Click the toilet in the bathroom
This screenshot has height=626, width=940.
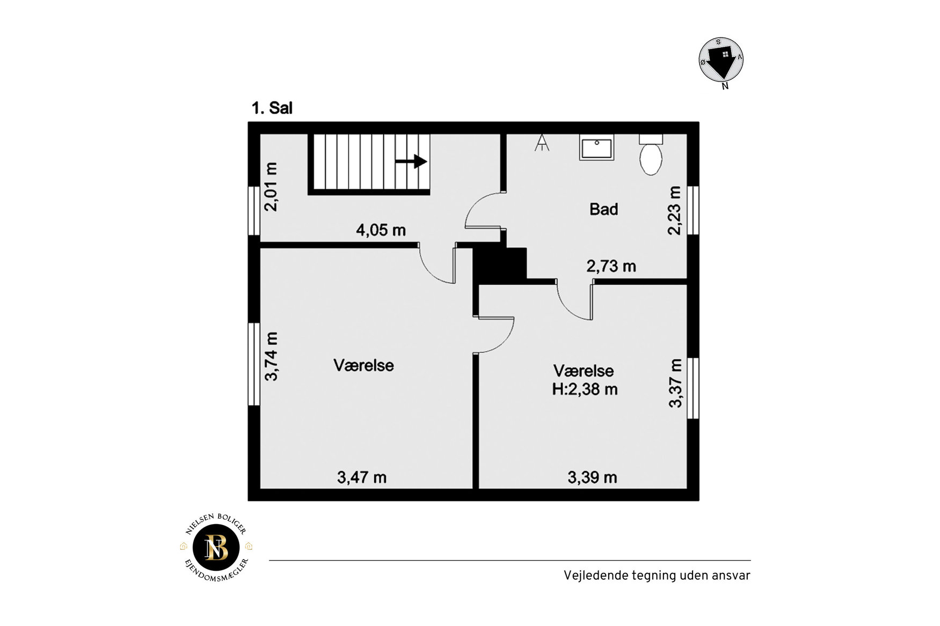pyautogui.click(x=651, y=155)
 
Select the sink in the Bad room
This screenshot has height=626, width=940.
pyautogui.click(x=596, y=148)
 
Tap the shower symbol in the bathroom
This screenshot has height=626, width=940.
pyautogui.click(x=542, y=142)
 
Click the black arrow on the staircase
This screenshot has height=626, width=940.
pyautogui.click(x=411, y=161)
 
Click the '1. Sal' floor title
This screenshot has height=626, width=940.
pyautogui.click(x=272, y=108)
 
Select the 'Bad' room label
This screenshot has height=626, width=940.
pyautogui.click(x=603, y=209)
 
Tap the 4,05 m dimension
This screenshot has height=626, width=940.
pyautogui.click(x=381, y=230)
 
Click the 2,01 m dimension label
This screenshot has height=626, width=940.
pyautogui.click(x=272, y=187)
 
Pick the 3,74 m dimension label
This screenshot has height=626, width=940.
pyautogui.click(x=272, y=356)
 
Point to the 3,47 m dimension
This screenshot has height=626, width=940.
pyautogui.click(x=361, y=477)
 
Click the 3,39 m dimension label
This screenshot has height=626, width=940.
pyautogui.click(x=592, y=477)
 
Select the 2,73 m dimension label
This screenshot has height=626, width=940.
pyautogui.click(x=611, y=266)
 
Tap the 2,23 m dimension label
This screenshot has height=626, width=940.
pyautogui.click(x=674, y=210)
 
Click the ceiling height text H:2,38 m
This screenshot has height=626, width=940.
pyautogui.click(x=585, y=389)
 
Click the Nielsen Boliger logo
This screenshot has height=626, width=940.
pyautogui.click(x=216, y=548)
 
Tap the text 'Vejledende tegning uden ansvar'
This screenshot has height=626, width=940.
pyautogui.click(x=657, y=575)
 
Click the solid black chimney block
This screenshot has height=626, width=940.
pyautogui.click(x=500, y=264)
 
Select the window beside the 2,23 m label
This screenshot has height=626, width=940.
pyautogui.click(x=693, y=210)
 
